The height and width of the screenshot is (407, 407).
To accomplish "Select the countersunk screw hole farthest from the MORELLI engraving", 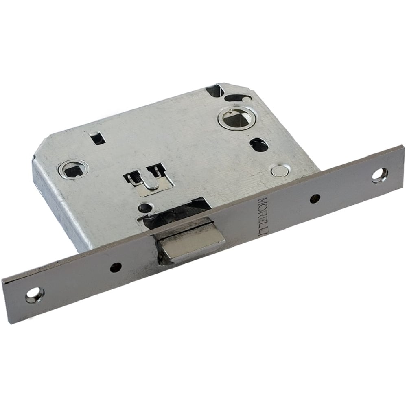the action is pos(35,295).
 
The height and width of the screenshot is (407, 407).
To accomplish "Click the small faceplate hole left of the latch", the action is pos(116,268).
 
